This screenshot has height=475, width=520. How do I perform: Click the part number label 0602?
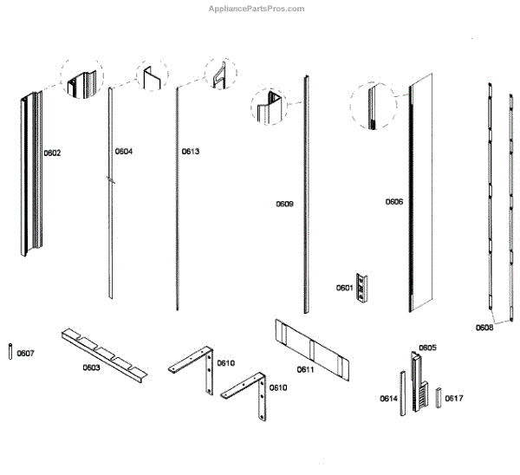tap(52, 153)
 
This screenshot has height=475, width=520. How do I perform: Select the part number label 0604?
tap(124, 152)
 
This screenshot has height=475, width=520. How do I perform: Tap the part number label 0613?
tap(191, 152)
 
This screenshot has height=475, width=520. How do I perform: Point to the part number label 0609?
tap(285, 205)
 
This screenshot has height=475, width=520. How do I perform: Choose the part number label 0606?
tap(394, 202)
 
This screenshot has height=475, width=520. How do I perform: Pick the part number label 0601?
tap(345, 288)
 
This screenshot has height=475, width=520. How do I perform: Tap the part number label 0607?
tap(26, 353)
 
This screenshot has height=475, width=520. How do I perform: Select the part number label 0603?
tap(91, 368)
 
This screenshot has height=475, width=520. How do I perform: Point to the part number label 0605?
tap(427, 348)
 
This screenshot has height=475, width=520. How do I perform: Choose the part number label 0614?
tap(388, 399)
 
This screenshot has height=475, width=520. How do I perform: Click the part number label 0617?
tap(454, 399)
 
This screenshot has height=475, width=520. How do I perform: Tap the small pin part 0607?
tap(9, 354)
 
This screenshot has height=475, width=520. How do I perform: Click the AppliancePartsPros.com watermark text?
tap(257, 9)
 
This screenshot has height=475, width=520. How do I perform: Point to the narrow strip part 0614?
tap(402, 394)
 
